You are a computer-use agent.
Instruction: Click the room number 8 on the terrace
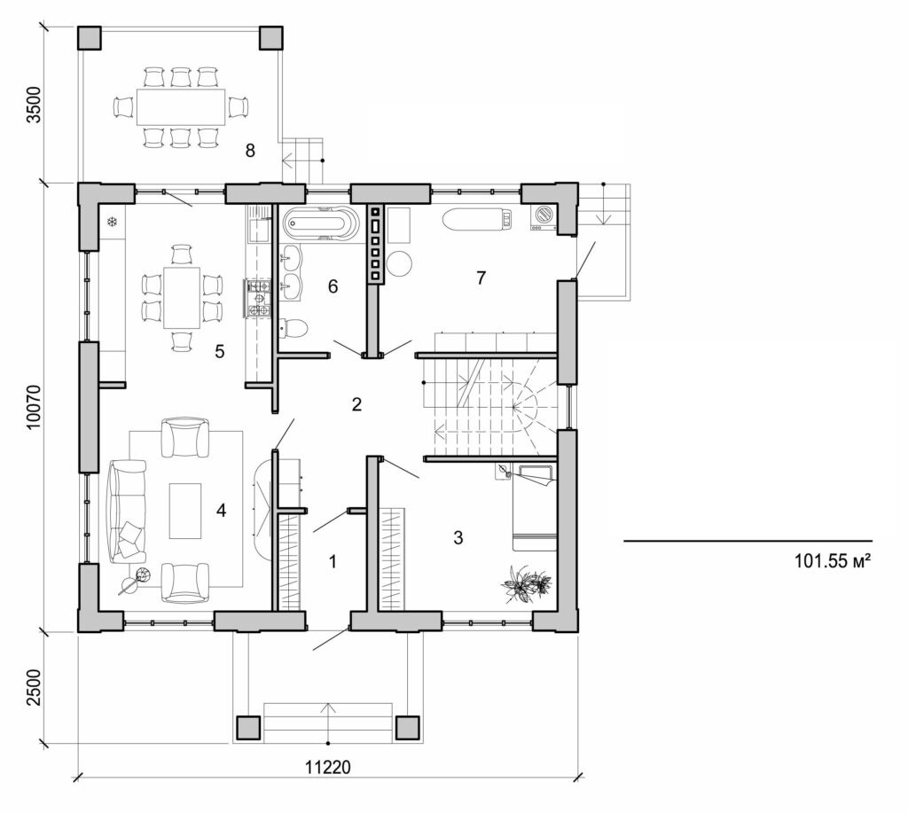250,151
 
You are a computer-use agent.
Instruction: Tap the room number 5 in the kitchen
219,351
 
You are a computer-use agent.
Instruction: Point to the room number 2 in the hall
356,405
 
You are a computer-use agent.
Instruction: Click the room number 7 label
481,278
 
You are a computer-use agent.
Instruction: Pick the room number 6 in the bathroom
333,286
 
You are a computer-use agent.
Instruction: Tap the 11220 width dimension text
328,767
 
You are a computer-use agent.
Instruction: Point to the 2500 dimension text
34,688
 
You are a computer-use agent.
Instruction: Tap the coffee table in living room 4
185,510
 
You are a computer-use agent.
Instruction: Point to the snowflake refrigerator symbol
113,221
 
